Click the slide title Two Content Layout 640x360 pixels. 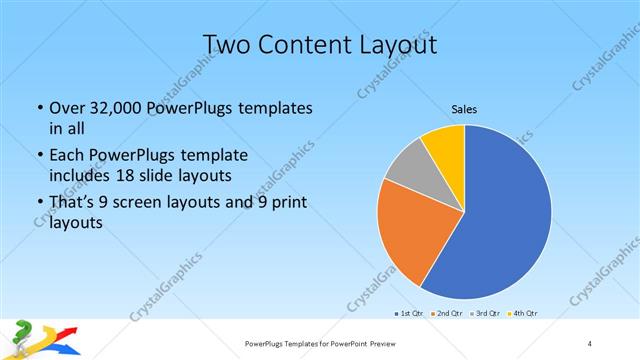point(319,44)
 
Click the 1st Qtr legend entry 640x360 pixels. point(410,314)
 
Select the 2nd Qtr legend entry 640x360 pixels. point(448,314)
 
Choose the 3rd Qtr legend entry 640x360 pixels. point(487,314)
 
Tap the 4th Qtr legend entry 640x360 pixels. point(524,314)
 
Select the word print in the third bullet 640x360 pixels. point(285,202)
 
